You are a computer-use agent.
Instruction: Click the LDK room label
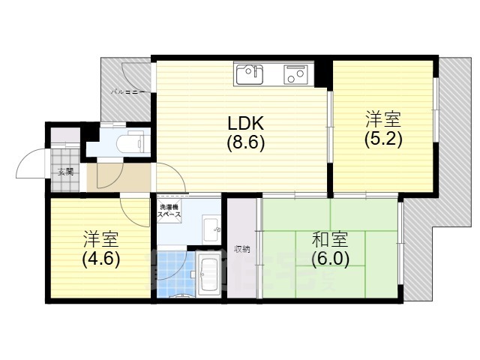pos(246,124)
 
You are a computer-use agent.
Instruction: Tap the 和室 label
pos(330,241)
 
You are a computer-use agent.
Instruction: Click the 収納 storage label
pos(241,249)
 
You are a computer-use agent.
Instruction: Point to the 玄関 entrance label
pos(66,171)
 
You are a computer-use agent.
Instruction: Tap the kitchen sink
pos(250,74)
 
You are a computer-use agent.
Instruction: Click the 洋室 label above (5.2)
pos(383,119)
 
